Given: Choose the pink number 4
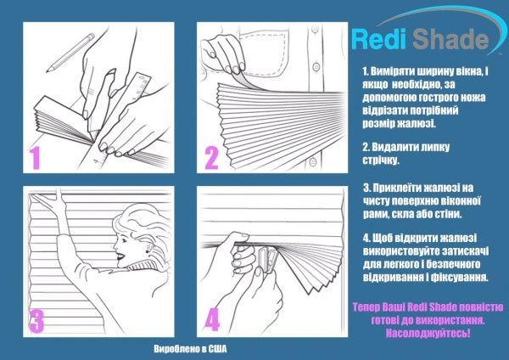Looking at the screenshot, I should [213, 320].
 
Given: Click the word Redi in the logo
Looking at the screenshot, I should [379, 39].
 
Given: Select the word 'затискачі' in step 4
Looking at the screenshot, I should [464, 250].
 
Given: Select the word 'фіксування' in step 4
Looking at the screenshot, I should [456, 278].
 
